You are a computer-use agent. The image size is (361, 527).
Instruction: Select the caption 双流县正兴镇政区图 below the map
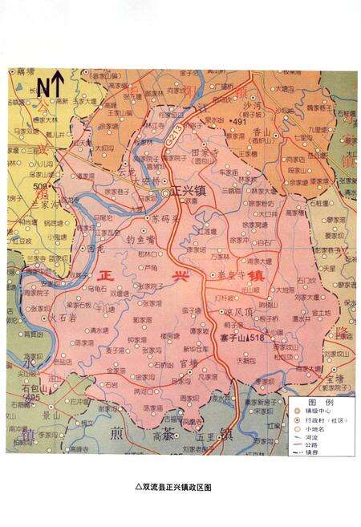pos(180,486)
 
